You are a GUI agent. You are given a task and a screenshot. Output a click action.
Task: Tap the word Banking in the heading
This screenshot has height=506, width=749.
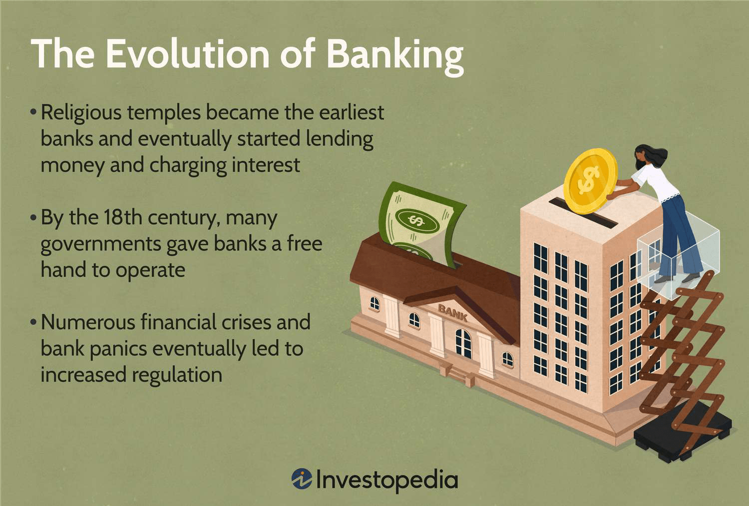394,55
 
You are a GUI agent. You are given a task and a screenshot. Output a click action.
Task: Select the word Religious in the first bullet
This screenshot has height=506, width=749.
81,113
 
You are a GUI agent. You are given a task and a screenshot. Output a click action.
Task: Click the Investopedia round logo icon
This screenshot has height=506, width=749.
302,479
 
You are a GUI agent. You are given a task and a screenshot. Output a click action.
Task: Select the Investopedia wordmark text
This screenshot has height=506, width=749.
387,480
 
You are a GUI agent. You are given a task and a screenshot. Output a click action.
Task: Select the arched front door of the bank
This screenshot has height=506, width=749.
463,343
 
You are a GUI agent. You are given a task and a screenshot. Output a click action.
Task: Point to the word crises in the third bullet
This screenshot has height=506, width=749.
246,323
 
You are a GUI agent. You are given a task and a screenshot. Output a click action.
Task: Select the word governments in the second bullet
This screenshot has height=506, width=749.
100,244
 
